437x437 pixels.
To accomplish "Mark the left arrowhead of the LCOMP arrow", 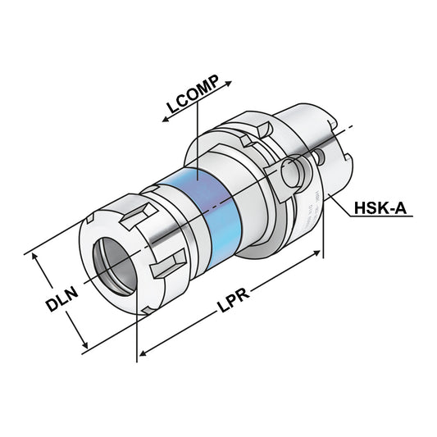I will pyautogui.click(x=165, y=120).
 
